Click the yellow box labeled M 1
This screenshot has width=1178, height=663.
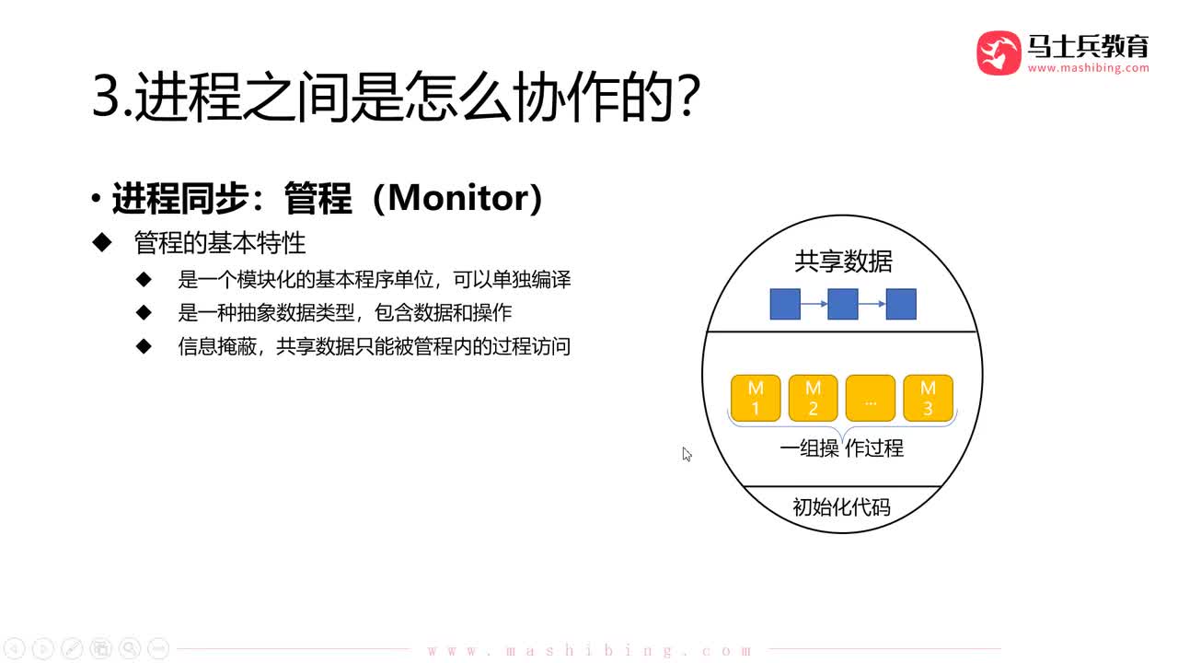756,398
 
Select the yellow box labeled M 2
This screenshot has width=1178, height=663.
814,398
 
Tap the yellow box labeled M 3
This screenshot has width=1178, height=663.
928,398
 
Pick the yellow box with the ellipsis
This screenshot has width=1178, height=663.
871,398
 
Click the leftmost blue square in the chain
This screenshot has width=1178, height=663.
785,304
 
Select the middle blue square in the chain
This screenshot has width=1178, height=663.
843,304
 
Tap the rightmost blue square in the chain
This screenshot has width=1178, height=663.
901,304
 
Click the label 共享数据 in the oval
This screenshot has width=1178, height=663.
843,262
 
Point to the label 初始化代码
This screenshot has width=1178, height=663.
841,507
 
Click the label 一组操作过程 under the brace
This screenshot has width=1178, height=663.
841,448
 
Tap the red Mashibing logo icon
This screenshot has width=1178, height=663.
999,52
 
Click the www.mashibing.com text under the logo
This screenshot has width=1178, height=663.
1088,68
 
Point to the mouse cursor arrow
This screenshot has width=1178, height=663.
687,453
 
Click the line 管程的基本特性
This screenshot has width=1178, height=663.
220,243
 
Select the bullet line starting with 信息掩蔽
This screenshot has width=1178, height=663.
375,346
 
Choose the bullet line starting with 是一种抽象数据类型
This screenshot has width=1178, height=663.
344,312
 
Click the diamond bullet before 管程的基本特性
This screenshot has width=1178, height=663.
101,243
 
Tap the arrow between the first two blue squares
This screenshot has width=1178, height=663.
814,304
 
